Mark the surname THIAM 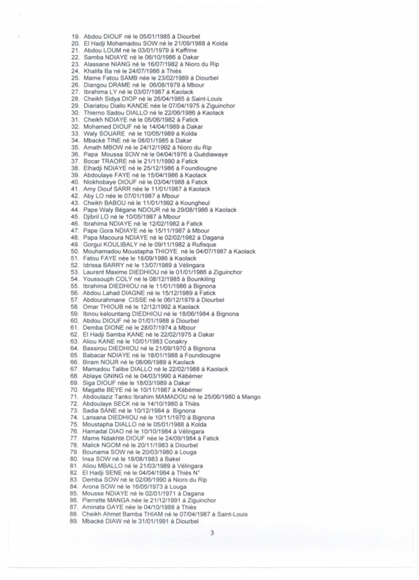click(150, 514)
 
